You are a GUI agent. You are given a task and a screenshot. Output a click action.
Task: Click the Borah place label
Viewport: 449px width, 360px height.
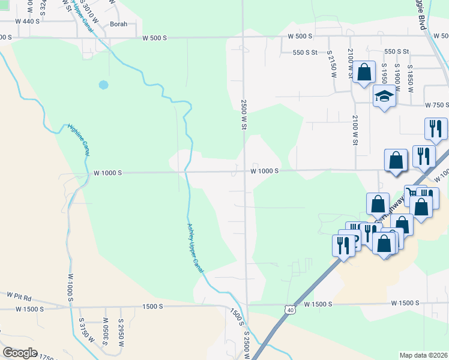point(119,25)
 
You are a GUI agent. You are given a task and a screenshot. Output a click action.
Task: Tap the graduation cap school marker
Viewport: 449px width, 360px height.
point(384,95)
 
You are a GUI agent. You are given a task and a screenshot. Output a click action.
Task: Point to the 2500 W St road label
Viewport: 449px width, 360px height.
point(244,114)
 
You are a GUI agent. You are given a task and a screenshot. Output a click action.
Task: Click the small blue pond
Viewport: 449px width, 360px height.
point(103,85)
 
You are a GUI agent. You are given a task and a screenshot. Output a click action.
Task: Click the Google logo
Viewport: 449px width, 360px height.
point(20,353)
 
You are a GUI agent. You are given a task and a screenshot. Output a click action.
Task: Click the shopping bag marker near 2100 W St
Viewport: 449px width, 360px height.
point(364,73)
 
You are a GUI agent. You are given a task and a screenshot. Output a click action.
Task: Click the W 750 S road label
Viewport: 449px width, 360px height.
point(436,104)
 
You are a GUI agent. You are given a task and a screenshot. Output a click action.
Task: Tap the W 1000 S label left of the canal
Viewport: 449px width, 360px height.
point(107,173)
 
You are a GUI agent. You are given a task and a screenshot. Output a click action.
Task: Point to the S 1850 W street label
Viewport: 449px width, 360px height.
point(411,78)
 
